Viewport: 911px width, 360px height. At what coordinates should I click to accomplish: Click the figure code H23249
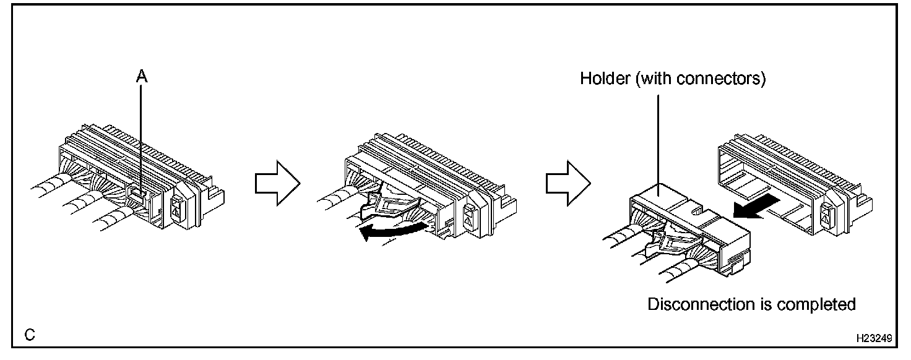click(x=873, y=339)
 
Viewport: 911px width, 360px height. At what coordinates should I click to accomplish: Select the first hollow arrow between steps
click(x=277, y=183)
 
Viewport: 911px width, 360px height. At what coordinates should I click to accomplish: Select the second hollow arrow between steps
click(x=568, y=183)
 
